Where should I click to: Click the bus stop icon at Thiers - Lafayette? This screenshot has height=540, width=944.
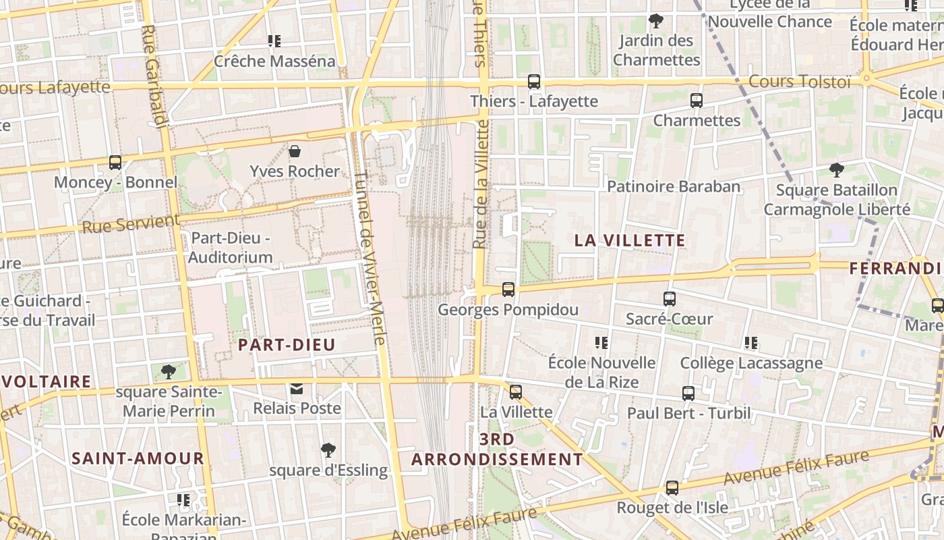tap(534, 82)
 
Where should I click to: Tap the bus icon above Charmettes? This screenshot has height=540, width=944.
tap(697, 101)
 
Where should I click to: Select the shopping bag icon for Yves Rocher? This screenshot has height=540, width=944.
tap(294, 151)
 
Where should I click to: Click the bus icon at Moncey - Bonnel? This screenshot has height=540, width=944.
tap(115, 163)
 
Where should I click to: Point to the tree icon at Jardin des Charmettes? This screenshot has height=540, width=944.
tap(655, 21)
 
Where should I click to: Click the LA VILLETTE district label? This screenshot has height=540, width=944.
tap(630, 240)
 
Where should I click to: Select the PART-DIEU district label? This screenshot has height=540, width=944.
tap(287, 345)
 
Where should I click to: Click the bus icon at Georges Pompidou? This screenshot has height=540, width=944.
tap(508, 290)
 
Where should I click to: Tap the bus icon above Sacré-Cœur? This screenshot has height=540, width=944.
tap(670, 298)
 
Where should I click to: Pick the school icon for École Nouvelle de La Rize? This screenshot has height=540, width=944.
tap(601, 343)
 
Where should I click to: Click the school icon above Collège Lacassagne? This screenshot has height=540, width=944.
tap(751, 343)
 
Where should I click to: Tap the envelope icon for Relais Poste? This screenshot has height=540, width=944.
tap(297, 389)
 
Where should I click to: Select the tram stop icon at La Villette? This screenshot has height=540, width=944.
tap(516, 392)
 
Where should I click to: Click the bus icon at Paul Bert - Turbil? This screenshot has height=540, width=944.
tap(688, 394)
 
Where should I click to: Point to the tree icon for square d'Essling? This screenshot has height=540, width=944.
tap(328, 450)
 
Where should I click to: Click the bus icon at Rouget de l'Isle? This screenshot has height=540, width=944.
tap(672, 487)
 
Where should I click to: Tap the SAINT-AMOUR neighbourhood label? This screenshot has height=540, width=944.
tap(138, 458)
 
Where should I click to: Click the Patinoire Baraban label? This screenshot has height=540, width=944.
tap(674, 186)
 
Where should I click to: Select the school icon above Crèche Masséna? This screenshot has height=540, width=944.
tap(274, 41)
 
